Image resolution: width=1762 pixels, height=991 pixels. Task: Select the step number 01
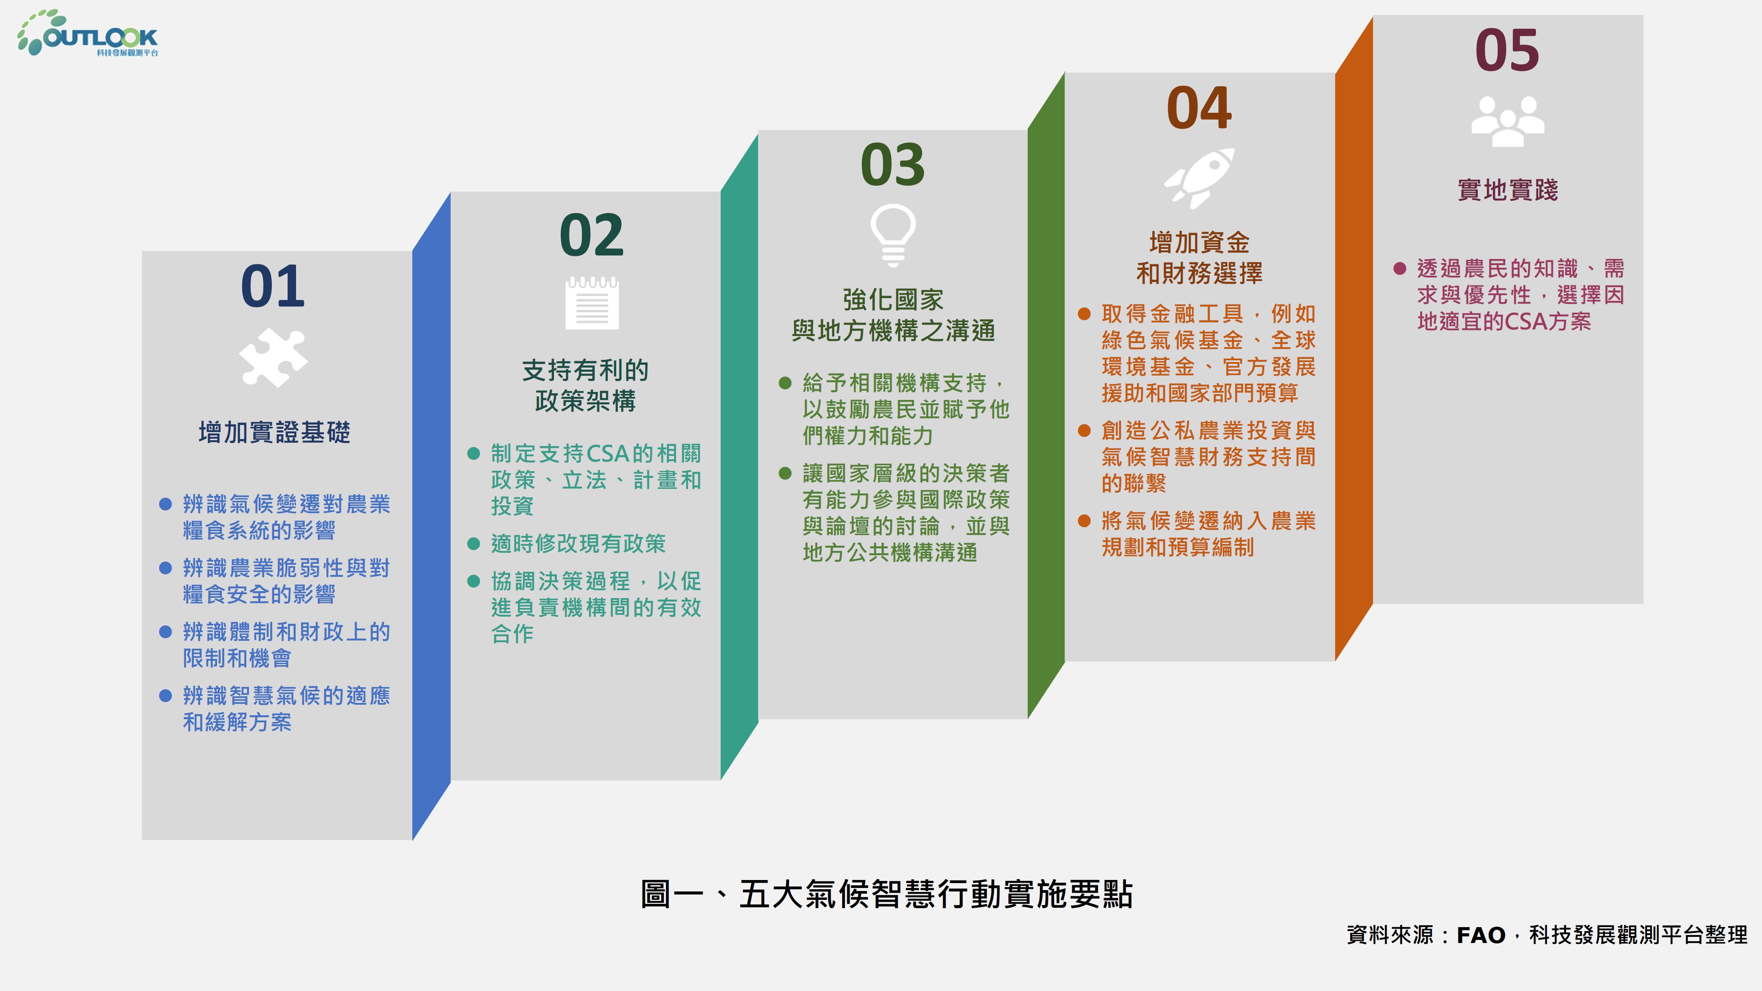tap(273, 286)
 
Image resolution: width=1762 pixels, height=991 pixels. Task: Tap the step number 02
tap(592, 235)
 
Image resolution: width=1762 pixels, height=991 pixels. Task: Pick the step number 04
tap(1199, 107)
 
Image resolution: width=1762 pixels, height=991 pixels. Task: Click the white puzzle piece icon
tap(274, 358)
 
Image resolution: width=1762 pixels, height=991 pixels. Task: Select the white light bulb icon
tap(892, 235)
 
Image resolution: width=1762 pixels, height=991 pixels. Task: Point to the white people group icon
tap(1507, 121)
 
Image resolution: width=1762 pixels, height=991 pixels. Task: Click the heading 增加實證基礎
tap(274, 432)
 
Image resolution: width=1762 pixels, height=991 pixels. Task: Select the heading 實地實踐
tap(1507, 189)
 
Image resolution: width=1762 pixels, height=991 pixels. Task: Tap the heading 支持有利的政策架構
tap(585, 385)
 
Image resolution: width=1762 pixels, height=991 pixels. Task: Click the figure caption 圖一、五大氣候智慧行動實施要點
tap(886, 894)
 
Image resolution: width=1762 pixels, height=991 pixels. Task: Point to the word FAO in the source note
tap(1481, 935)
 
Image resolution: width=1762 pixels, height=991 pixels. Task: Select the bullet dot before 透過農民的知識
tap(1399, 268)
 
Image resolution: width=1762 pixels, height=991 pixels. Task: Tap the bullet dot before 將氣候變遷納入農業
tap(1084, 521)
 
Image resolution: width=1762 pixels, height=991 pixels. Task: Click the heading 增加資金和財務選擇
tap(1199, 258)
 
